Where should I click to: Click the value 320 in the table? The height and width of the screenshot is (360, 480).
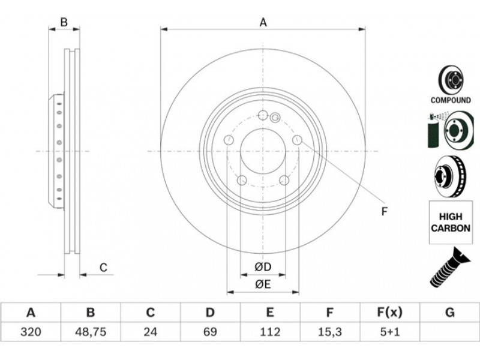pos(31,332)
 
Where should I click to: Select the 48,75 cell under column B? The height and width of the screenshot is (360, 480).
pos(91,332)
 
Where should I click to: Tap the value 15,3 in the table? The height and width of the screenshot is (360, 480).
pos(329,332)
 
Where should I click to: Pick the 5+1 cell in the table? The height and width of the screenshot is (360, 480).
pos(389,332)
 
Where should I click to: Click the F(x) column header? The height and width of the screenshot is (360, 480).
pos(389,313)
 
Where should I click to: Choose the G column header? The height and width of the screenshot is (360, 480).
pos(449,313)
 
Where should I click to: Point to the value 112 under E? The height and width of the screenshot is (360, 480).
pos(269,332)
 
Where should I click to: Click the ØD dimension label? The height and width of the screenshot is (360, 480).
pos(263,267)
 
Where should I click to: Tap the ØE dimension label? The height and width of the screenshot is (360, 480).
pos(263,284)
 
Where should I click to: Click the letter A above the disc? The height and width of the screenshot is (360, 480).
pos(263,22)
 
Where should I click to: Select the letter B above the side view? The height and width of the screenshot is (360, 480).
pos(64,22)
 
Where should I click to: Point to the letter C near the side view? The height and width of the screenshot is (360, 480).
pos(103,267)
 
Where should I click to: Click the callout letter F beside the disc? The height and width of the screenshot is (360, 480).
pos(385,211)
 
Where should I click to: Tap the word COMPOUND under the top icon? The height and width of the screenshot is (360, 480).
pos(451,100)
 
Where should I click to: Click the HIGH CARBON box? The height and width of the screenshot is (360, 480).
pos(451,222)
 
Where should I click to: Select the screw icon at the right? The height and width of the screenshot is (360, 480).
pos(450,267)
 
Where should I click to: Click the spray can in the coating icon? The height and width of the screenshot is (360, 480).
pos(433,131)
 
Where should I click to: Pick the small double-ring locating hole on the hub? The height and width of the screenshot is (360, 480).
pos(275,116)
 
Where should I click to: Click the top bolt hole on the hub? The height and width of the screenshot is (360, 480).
pos(263,115)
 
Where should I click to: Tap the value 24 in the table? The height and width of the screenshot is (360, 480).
pos(151,332)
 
